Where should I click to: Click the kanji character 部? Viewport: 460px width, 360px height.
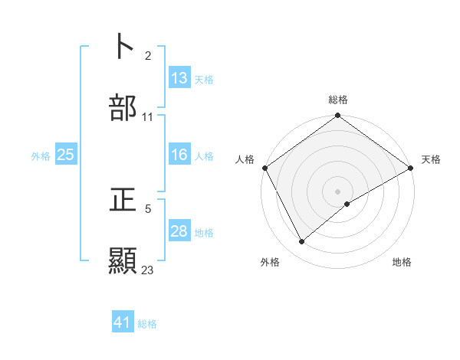pos(123,109)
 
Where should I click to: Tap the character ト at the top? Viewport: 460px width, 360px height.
pos(123,46)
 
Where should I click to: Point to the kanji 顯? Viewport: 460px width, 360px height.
pos(123,261)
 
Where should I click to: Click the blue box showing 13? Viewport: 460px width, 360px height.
pos(179,78)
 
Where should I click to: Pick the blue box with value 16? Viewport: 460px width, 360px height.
pos(179,155)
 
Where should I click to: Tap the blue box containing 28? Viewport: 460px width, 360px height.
pos(179,231)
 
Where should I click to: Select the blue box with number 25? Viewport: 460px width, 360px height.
pos(66,155)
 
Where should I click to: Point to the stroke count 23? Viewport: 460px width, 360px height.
pos(148,270)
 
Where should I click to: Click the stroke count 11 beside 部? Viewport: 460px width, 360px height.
pos(148,117)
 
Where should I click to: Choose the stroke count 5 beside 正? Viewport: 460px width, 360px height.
pos(148,207)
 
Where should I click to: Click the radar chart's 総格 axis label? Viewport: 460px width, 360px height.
pos(338,100)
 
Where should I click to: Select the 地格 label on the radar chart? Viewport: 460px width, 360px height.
pos(402,262)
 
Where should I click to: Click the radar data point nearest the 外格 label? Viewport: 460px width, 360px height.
pos(302,241)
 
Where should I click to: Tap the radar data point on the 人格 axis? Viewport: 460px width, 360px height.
pos(264,168)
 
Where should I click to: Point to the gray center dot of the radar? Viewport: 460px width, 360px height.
pos(338,191)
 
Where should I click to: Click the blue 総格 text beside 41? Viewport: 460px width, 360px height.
pos(147,324)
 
